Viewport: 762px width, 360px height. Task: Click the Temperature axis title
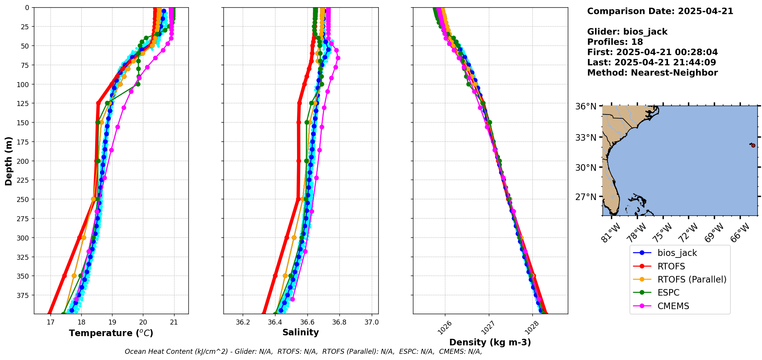click(111, 333)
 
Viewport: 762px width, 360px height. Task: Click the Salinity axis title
click(300, 332)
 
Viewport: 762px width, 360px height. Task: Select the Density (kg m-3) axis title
click(490, 342)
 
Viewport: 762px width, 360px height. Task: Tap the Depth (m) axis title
click(8, 161)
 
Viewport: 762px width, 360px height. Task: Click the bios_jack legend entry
click(677, 253)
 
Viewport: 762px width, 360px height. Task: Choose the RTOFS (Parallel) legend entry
click(692, 279)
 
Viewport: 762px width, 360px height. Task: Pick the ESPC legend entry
click(668, 293)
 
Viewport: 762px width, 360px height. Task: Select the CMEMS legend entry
click(673, 306)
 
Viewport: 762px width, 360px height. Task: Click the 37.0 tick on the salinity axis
click(371, 322)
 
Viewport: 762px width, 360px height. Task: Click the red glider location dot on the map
click(753, 145)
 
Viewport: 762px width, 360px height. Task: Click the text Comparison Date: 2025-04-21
click(660, 11)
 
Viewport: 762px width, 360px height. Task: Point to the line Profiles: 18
click(615, 42)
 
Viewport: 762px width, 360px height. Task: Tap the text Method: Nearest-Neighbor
click(652, 73)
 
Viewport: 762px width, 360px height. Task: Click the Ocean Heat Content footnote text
click(303, 352)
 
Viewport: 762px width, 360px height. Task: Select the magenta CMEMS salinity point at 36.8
click(338, 58)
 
